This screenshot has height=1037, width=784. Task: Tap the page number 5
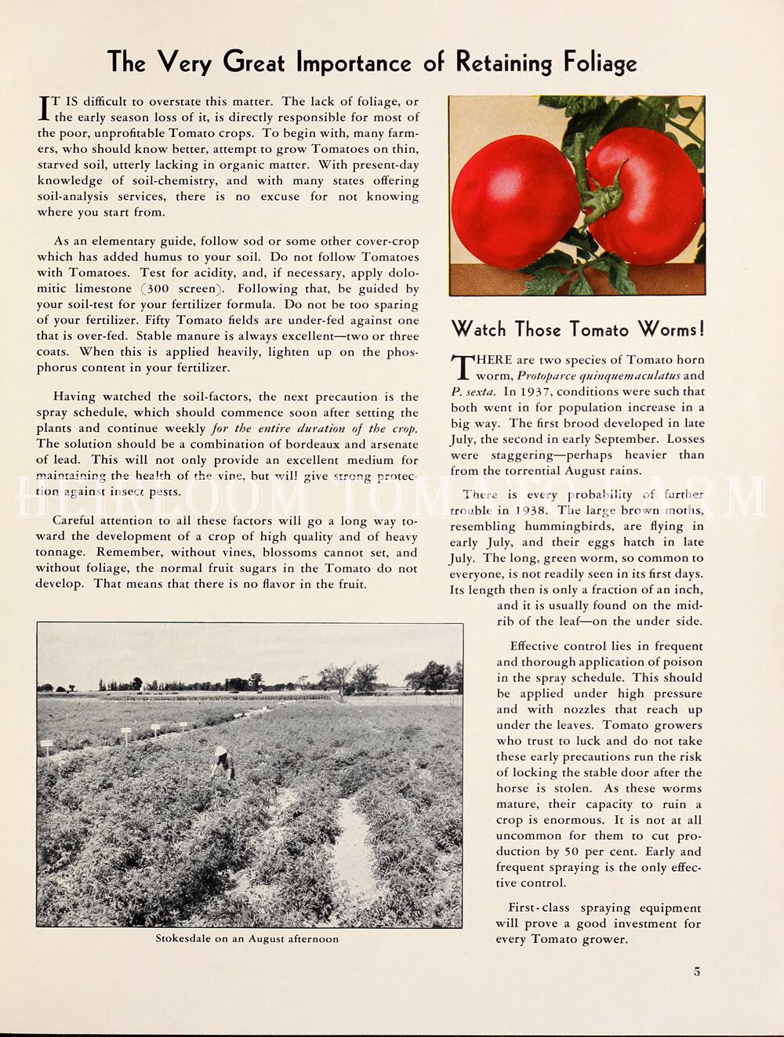tap(697, 971)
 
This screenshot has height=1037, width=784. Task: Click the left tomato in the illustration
tap(514, 201)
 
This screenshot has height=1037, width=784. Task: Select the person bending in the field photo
tap(224, 763)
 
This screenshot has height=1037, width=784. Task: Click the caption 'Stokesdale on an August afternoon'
tap(247, 938)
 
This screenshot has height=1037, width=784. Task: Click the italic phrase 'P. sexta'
tap(473, 391)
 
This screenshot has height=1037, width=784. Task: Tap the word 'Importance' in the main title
tap(354, 63)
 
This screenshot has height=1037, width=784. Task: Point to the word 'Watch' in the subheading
tap(479, 328)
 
